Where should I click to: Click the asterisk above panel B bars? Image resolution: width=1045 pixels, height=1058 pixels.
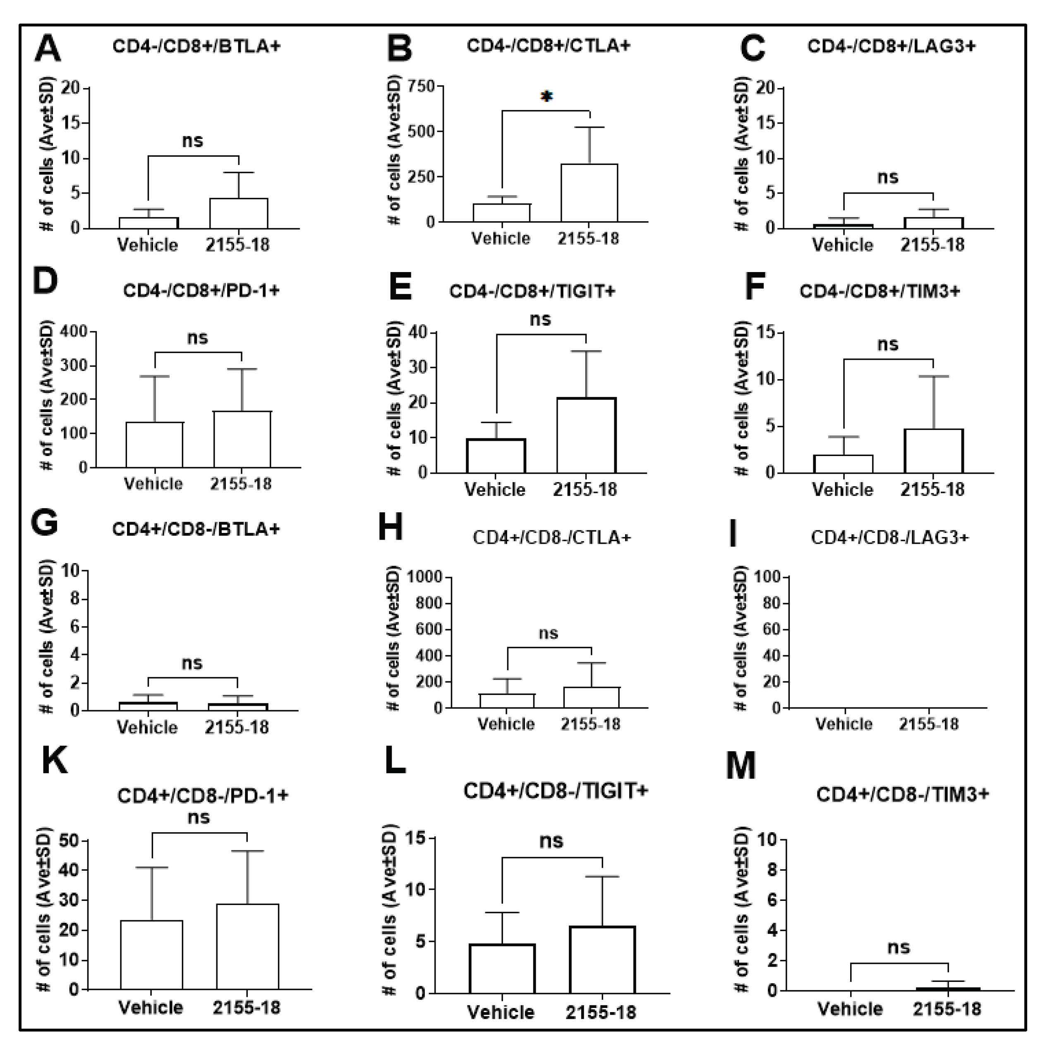point(546,97)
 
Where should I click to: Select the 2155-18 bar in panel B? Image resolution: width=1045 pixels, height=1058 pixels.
point(589,193)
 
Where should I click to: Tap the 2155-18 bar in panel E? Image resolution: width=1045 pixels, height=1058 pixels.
point(586,435)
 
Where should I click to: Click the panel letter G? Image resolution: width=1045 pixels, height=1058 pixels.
point(44,523)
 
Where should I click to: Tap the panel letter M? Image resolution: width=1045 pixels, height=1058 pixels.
point(741,766)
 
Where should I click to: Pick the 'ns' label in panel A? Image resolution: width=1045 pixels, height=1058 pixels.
point(192,141)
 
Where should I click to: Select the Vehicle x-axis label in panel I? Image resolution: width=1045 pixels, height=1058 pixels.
point(844,724)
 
